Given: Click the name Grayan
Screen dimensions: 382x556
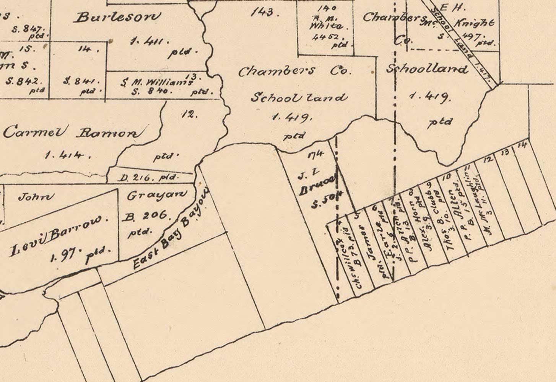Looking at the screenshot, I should pyautogui.click(x=157, y=196).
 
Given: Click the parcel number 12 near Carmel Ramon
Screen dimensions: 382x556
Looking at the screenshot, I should pyautogui.click(x=189, y=114).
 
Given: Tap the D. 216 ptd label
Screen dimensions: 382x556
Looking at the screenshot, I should pyautogui.click(x=147, y=178).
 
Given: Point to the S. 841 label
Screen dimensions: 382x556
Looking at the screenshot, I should pyautogui.click(x=81, y=81).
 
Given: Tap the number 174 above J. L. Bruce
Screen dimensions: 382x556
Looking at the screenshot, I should pyautogui.click(x=315, y=154).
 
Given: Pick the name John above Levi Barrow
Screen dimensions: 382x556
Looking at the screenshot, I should pyautogui.click(x=36, y=197).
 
